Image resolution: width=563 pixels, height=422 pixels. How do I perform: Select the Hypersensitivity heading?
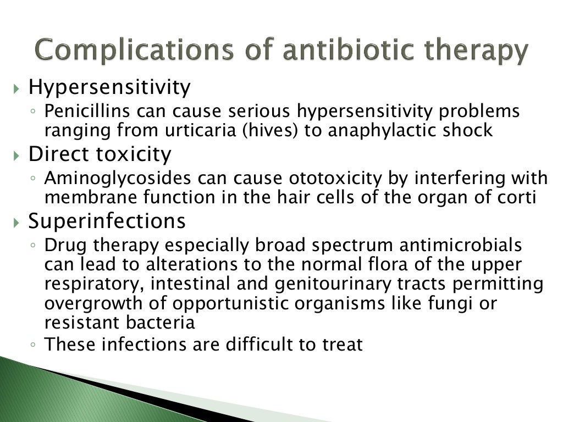pos(109,87)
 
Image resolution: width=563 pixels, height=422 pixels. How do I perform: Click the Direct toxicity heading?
pos(100,154)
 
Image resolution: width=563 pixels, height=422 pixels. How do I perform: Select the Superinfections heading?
pos(107,221)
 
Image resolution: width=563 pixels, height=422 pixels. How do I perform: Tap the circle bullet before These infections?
pos(34,346)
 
